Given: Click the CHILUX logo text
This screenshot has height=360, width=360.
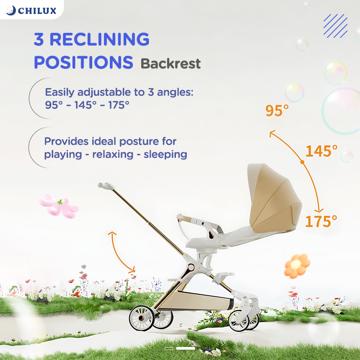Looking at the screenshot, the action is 37,11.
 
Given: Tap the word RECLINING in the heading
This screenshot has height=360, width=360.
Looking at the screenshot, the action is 99,39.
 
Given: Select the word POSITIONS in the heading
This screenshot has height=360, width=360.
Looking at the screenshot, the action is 84,62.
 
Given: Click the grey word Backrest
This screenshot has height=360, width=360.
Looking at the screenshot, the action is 171,63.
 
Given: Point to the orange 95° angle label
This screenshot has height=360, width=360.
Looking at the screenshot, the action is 277,110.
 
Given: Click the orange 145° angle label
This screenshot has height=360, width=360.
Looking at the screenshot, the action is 321,151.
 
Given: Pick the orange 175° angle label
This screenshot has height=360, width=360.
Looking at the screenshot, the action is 321,221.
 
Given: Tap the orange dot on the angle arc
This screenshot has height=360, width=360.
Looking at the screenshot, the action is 302,162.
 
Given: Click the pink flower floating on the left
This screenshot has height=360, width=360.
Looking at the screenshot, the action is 58,206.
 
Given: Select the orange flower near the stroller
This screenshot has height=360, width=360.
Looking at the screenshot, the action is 297,265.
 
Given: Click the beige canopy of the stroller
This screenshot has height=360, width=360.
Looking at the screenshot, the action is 274,198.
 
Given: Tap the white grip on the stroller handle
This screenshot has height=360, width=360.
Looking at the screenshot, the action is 106,185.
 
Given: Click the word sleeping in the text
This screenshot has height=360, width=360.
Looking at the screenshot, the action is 165,154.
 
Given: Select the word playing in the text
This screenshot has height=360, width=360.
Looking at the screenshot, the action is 63,154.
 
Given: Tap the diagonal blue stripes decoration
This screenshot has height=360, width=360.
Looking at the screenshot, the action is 335,26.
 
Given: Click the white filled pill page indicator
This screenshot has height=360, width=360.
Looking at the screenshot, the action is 185,348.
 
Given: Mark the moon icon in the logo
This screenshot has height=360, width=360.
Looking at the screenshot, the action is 10,10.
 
